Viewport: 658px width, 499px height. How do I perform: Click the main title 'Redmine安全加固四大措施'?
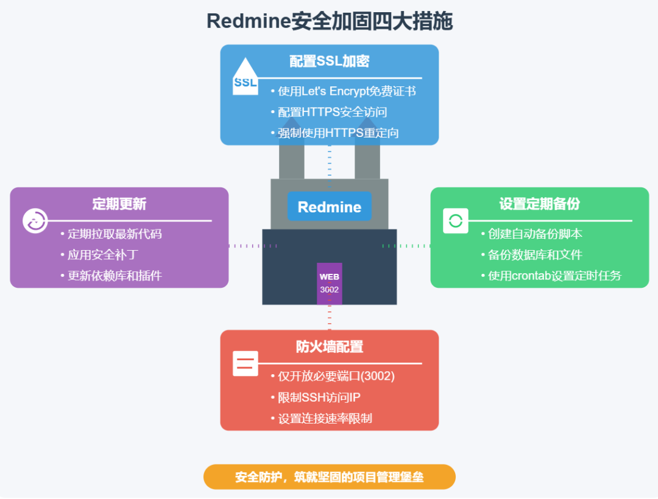(329, 21)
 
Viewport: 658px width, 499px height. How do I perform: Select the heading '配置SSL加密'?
(329, 61)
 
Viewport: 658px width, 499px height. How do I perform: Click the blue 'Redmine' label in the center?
(329, 207)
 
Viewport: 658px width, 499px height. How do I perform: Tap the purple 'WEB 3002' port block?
(329, 284)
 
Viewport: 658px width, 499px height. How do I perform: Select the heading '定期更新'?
(119, 204)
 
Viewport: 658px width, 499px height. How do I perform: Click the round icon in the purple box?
(35, 221)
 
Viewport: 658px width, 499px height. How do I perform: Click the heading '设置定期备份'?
(539, 204)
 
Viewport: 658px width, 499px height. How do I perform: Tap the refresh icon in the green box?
(456, 221)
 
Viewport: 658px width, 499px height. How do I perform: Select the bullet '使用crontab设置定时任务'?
(554, 276)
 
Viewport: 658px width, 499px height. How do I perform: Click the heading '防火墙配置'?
(329, 347)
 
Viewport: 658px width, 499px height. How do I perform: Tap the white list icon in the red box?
(245, 364)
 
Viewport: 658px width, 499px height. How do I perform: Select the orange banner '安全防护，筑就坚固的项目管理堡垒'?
(329, 477)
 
